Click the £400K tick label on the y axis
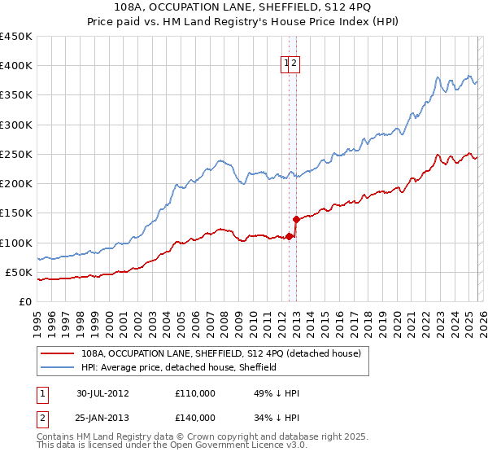(16, 66)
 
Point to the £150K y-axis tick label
(16, 213)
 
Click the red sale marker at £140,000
(296, 219)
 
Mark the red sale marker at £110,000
(289, 236)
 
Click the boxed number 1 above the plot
(287, 66)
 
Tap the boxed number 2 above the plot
(296, 66)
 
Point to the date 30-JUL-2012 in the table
(102, 393)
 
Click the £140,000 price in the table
(195, 418)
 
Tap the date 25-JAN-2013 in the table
(102, 418)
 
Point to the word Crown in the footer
(194, 436)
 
